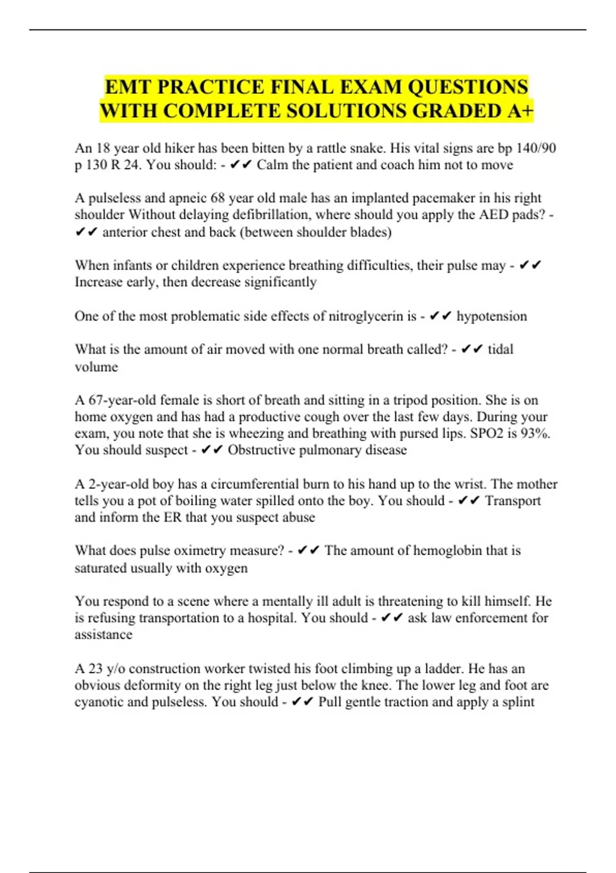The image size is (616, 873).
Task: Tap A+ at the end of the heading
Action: (520, 111)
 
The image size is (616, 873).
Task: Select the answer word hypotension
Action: (491, 316)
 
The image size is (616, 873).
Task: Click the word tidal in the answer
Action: (500, 349)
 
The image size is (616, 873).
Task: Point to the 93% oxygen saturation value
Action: (535, 433)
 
